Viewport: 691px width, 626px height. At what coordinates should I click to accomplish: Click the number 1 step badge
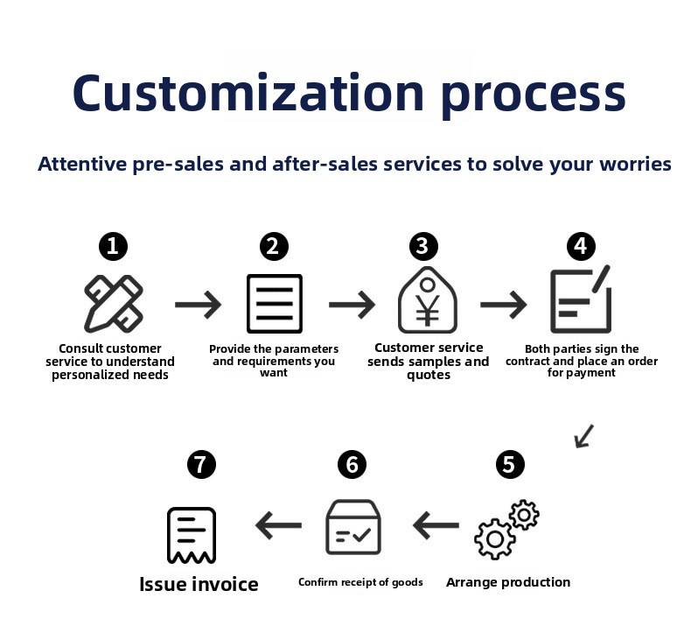click(113, 246)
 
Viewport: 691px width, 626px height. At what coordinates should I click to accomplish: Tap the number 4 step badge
click(581, 246)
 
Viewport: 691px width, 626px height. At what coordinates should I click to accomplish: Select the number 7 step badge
click(201, 464)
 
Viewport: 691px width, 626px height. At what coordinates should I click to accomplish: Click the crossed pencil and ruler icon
click(113, 304)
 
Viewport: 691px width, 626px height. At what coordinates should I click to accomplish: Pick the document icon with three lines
click(275, 304)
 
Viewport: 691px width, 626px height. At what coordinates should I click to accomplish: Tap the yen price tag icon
click(428, 300)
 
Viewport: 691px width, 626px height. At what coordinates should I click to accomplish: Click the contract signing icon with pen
click(581, 299)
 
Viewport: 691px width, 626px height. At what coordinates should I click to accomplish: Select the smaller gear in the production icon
click(524, 515)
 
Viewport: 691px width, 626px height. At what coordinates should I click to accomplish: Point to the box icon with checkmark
click(353, 527)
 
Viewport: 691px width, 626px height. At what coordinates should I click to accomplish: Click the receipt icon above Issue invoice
click(192, 535)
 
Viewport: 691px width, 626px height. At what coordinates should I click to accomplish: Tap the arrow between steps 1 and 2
click(198, 305)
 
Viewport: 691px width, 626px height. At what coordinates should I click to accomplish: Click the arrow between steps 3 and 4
click(503, 305)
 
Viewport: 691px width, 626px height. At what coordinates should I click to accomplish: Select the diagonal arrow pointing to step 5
click(584, 436)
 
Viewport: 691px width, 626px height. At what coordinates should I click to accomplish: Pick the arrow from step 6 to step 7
click(278, 525)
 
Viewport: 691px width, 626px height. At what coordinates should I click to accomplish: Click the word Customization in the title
click(248, 94)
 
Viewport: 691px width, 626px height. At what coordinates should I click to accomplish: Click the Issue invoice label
click(199, 584)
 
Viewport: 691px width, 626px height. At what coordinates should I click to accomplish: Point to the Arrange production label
click(508, 582)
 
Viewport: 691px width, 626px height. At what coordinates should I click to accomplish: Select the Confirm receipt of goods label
click(360, 582)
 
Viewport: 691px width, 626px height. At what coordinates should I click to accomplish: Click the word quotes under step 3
click(429, 375)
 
